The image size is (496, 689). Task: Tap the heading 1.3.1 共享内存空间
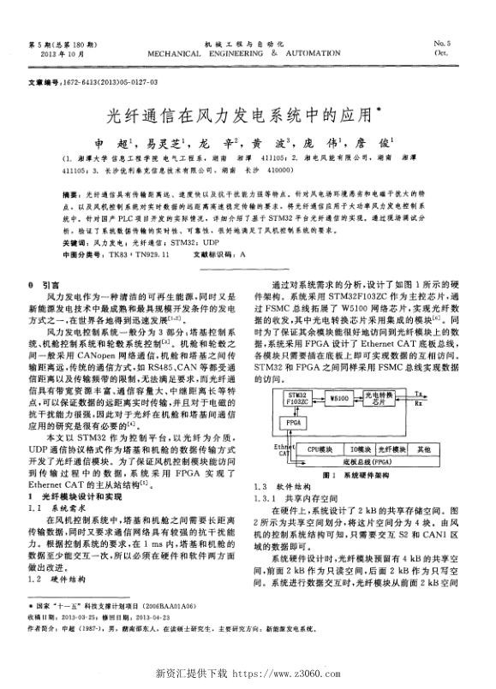coord(288,496)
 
